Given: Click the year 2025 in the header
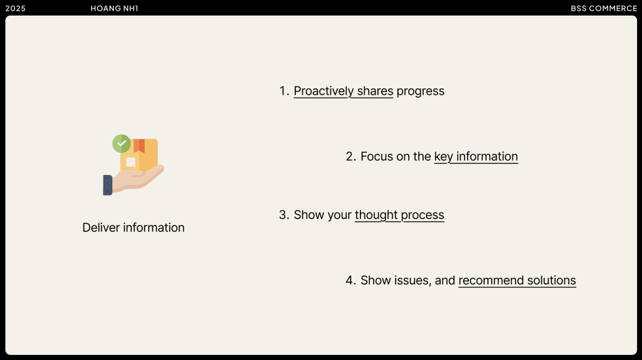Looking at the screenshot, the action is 15,9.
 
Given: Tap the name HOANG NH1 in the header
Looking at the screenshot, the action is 114,9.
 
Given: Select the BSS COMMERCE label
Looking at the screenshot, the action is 604,9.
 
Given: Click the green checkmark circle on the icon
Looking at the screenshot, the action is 122,144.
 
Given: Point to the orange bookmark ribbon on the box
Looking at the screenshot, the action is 139,146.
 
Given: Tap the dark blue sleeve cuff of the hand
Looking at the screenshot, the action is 108,185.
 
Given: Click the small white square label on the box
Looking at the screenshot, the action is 130,162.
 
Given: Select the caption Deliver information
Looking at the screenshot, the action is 134,228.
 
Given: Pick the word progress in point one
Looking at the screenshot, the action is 421,92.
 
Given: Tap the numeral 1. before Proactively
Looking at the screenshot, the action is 284,91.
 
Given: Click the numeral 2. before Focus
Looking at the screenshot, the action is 351,156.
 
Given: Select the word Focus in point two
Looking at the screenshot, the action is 377,156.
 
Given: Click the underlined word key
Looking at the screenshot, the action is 443,157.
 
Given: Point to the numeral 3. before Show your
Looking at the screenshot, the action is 284,215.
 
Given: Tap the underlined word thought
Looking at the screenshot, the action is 376,215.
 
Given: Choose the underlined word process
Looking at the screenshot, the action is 423,215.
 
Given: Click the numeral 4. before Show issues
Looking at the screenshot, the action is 351,280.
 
